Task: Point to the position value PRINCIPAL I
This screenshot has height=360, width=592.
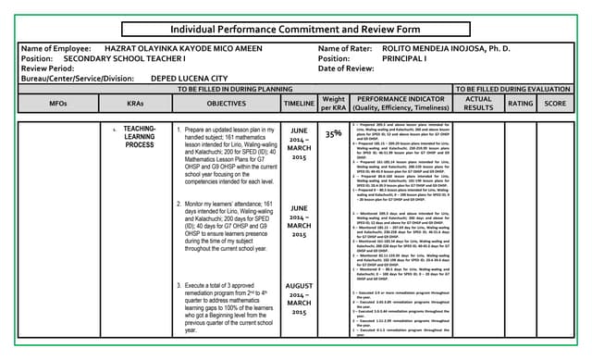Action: point(409,58)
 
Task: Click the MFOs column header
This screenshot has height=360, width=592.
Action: point(57,105)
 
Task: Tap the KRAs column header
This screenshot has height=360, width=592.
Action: point(135,105)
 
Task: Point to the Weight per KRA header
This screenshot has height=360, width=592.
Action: point(333,104)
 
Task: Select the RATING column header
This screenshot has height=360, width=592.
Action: point(521,105)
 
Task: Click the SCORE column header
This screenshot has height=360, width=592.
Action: point(555,105)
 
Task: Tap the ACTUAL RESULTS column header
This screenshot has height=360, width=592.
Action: point(479,104)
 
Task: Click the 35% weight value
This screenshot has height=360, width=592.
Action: point(333,134)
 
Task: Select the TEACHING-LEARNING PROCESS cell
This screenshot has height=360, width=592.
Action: point(139,138)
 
